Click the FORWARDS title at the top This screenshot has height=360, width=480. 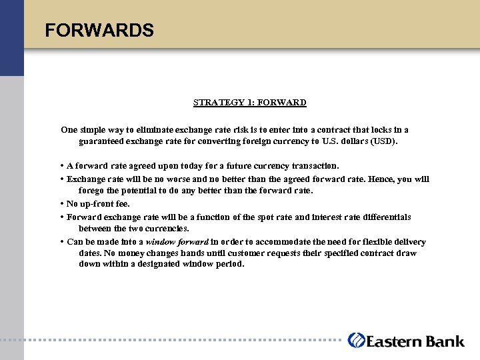tap(99, 31)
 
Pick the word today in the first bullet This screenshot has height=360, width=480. tap(192, 165)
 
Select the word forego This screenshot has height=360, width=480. tap(93, 191)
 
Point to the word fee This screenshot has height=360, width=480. tap(121, 204)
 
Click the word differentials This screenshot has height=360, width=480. tap(385, 217)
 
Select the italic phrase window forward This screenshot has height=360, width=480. tap(177, 242)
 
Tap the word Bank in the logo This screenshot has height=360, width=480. tap(445, 341)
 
